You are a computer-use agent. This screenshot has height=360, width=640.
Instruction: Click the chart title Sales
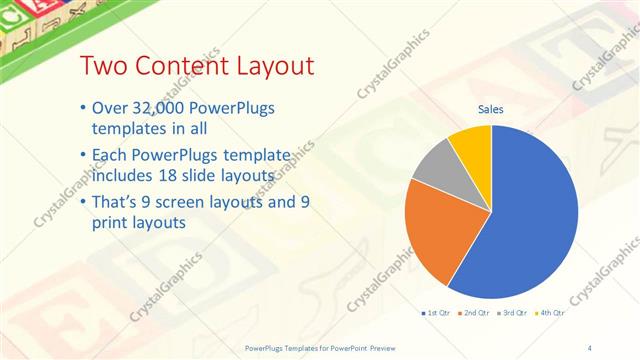point(490,109)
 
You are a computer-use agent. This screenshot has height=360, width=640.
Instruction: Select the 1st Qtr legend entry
point(438,314)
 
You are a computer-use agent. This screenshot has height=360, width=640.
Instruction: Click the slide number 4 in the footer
point(589,346)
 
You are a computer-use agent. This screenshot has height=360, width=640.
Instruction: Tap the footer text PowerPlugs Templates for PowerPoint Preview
point(320,346)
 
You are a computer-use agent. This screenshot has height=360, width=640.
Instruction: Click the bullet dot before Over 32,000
point(81,109)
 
